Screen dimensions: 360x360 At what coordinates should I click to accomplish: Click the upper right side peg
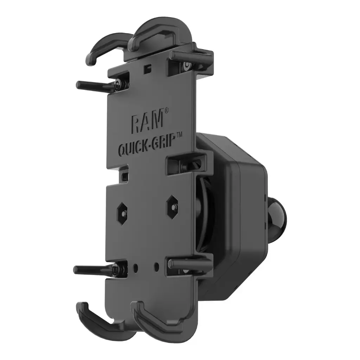[190, 56]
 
